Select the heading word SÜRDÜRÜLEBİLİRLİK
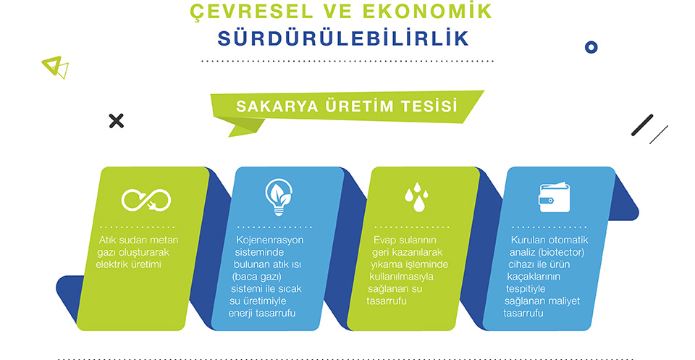343,38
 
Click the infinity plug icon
146,200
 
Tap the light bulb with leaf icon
279,197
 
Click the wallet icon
554,197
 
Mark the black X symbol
116,120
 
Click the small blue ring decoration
591,47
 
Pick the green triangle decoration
55,67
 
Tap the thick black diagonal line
642,125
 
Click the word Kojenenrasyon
270,240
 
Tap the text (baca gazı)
256,277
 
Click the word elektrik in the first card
112,264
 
